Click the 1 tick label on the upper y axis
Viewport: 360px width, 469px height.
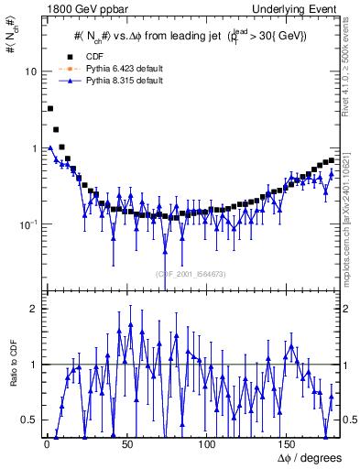[x=30, y=148]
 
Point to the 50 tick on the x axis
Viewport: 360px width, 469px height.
[x=126, y=444]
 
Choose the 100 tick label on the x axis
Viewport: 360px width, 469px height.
[x=207, y=444]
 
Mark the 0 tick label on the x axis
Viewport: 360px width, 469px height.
[x=47, y=444]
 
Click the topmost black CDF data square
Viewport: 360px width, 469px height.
[x=49, y=108]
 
